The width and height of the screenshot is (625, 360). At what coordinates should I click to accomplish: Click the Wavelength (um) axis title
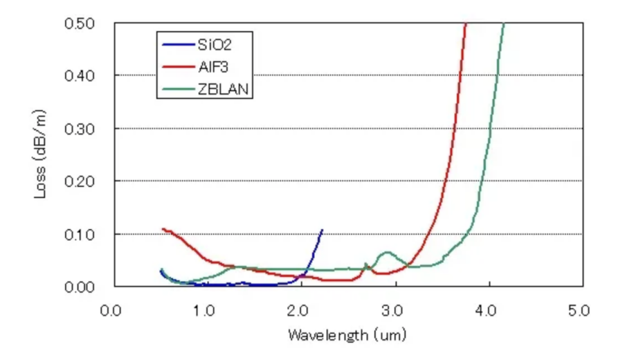[347, 336]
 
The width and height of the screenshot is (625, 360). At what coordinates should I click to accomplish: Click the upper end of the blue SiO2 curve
[322, 230]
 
